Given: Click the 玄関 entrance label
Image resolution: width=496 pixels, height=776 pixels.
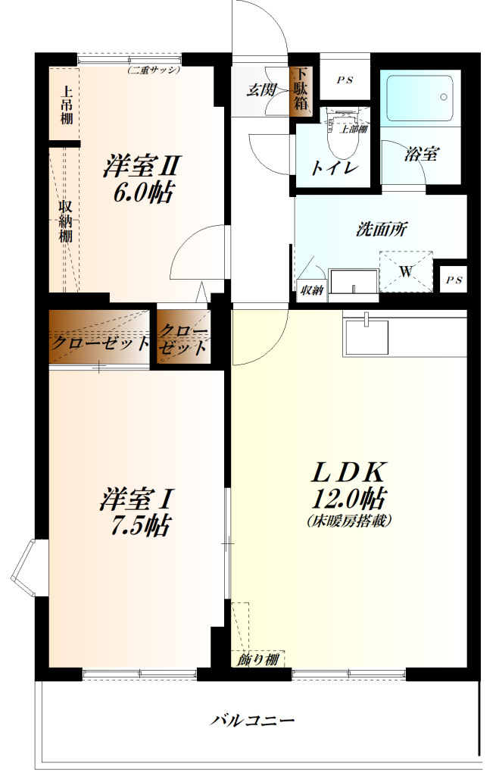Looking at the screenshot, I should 261,89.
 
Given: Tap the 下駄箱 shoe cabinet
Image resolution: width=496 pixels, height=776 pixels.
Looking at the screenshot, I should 301,90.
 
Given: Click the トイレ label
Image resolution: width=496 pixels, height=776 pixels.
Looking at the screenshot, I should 333,168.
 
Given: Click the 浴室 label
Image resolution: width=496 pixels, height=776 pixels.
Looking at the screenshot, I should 421,155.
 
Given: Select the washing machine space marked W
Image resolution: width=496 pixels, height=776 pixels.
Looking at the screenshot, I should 405,271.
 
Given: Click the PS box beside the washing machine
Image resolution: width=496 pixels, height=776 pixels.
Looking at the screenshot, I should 454,279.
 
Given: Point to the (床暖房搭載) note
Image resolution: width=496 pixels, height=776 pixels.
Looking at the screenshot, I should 349,521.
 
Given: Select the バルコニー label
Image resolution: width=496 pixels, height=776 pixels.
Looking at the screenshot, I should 252,719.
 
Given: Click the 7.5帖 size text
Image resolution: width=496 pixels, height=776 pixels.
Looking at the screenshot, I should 137,525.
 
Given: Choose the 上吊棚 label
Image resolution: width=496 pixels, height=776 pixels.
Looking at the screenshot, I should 67,103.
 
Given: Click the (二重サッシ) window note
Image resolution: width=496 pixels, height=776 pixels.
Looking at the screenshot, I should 153,70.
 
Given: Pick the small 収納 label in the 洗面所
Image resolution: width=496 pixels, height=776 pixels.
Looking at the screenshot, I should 310,289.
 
